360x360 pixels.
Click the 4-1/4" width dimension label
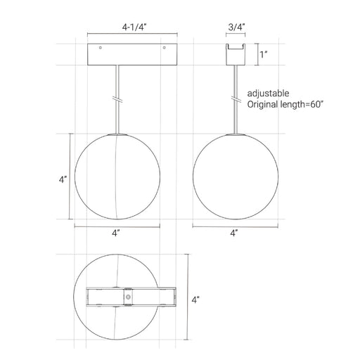tap(134, 27)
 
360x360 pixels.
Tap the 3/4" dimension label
tap(236, 27)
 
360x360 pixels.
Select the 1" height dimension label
tap(264, 55)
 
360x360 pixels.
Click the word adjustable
tap(268, 94)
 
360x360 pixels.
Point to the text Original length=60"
tap(285, 104)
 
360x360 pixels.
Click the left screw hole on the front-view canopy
tap(101, 48)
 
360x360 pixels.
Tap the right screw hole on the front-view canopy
tap(164, 48)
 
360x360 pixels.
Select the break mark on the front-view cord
tap(117, 99)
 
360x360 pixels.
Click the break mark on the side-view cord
tap(236, 99)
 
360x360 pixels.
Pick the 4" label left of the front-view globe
tap(63, 180)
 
